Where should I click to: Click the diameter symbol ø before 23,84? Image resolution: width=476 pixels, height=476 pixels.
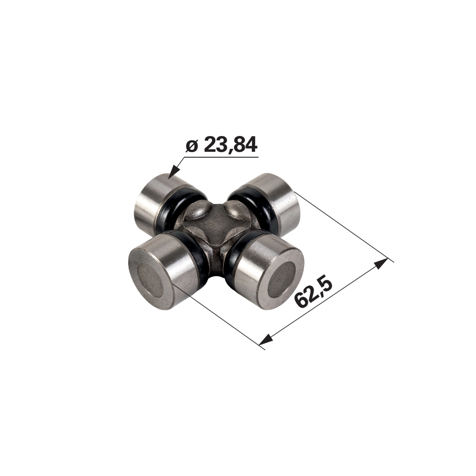(x=192, y=147)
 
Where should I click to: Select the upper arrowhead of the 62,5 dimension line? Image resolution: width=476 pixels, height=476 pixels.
(x=381, y=264)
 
